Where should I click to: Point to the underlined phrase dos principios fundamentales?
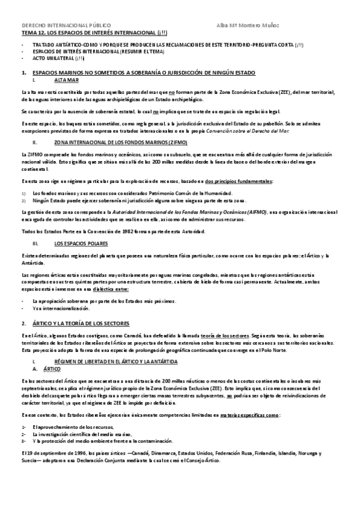239,181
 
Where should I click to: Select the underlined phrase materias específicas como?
247,415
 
